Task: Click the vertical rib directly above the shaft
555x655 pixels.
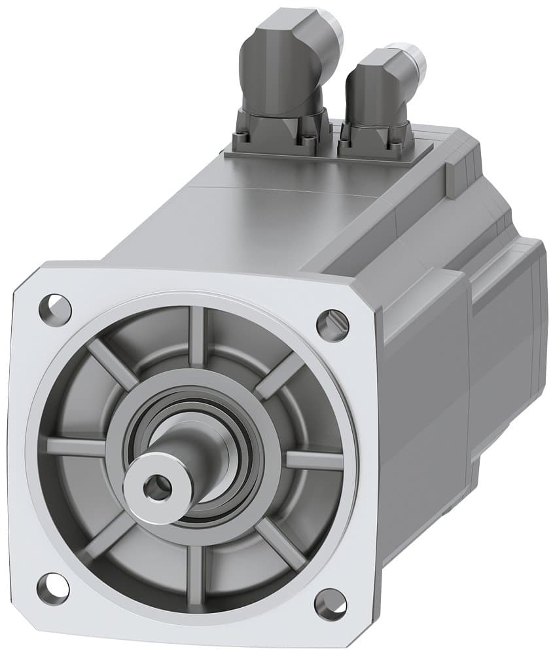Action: point(197,337)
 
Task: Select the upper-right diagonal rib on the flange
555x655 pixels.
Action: point(280,375)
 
